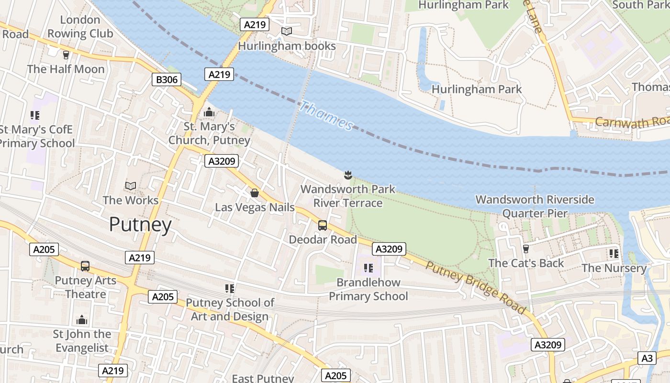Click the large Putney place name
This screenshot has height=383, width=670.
(140, 225)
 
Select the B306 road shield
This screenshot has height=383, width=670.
(167, 79)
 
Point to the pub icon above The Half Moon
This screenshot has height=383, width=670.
(66, 55)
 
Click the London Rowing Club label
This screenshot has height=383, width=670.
(80, 27)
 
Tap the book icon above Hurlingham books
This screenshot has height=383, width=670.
(287, 32)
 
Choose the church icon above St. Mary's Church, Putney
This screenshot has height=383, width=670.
(209, 112)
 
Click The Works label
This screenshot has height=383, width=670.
(130, 200)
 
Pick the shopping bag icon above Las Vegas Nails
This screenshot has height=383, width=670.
(255, 193)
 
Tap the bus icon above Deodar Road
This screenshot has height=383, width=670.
(323, 225)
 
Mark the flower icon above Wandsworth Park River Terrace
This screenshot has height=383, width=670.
(348, 175)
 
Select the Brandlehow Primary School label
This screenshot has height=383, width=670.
(368, 289)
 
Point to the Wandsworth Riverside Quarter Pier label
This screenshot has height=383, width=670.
(535, 206)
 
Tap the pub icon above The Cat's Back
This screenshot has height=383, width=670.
(526, 248)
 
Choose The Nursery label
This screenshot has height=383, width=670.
(614, 268)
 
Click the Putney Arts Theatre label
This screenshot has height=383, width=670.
(86, 287)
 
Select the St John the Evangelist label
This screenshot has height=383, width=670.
(82, 341)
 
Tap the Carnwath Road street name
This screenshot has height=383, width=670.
(632, 122)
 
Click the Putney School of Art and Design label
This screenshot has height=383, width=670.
(230, 309)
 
